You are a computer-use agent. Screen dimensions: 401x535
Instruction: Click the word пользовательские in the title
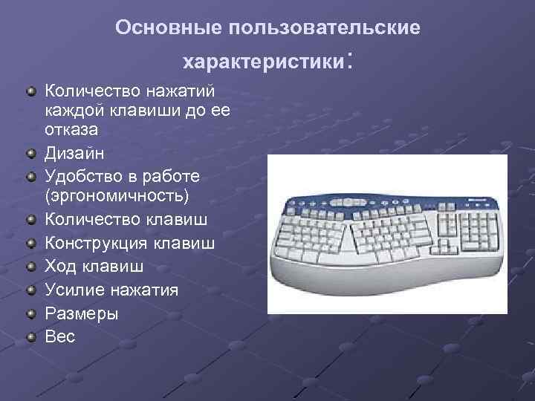pos(325,27)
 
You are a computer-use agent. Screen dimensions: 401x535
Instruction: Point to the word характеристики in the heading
pos(263,60)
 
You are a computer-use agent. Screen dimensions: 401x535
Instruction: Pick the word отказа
pos(71,128)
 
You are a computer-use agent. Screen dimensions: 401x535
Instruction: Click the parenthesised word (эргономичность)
pos(117,196)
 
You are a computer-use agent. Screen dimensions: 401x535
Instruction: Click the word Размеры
pos(82,313)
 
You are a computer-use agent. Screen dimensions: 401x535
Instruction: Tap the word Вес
pos(60,336)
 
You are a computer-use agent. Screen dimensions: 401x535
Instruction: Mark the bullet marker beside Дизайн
pos(31,154)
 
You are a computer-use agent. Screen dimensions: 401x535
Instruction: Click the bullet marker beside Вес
pos(31,337)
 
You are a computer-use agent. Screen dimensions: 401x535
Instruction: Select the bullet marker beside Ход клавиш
pos(31,266)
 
